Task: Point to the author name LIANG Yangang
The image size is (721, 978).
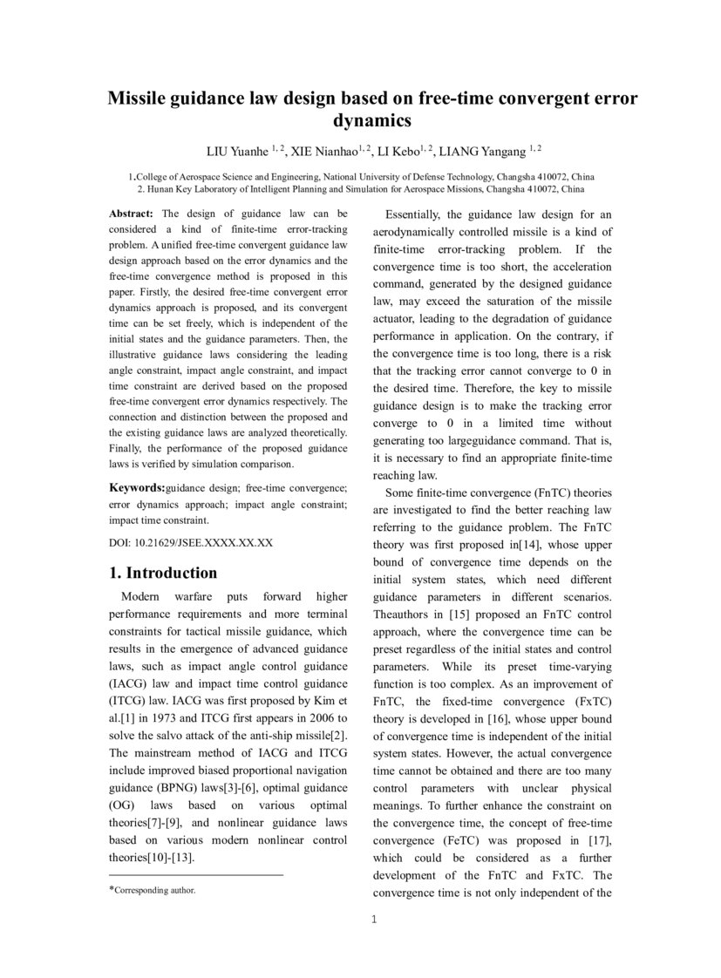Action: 481,151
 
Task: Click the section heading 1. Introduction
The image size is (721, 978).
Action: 163,573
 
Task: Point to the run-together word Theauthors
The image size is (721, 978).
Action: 403,615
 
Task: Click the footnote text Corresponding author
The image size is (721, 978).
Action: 155,890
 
